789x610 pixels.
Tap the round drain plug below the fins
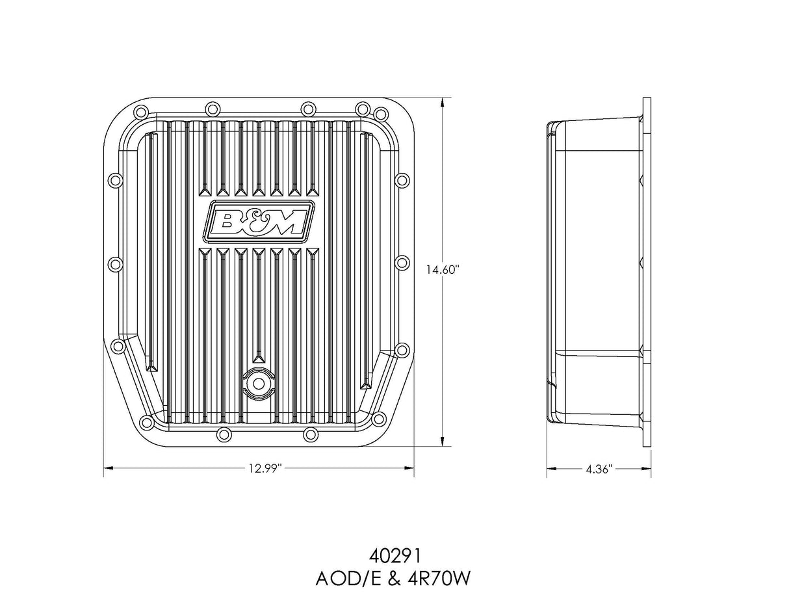(259, 383)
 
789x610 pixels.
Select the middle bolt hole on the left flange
(115, 264)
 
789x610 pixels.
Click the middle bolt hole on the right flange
(402, 263)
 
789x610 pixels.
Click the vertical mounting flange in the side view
(647, 273)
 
